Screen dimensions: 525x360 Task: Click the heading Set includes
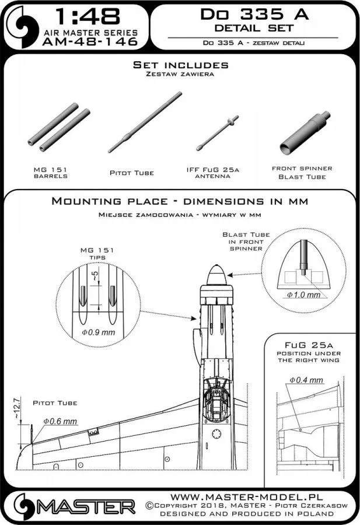pos(180,65)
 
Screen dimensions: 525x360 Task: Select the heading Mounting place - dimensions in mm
pos(180,201)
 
